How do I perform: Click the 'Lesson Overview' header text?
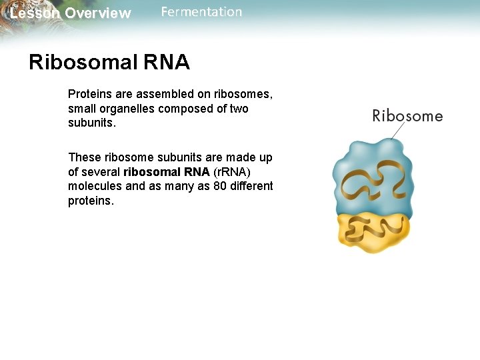pyautogui.click(x=71, y=13)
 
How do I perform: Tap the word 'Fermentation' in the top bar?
pyautogui.click(x=201, y=12)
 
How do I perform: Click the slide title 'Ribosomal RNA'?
pyautogui.click(x=109, y=63)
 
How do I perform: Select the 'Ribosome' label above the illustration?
pyautogui.click(x=407, y=116)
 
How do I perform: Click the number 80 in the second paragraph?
pyautogui.click(x=221, y=187)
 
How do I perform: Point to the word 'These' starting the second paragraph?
pyautogui.click(x=84, y=157)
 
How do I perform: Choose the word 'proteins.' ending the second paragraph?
pyautogui.click(x=91, y=201)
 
